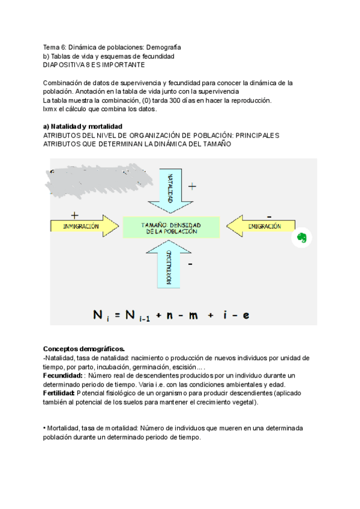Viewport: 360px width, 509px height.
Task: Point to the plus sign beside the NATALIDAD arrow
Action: tap(192, 187)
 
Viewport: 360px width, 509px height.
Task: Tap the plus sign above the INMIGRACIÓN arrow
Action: tap(74, 214)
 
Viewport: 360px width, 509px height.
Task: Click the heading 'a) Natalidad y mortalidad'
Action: tap(83, 127)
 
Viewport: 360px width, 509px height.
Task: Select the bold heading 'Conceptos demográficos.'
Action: tap(84, 349)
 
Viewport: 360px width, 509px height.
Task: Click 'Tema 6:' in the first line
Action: tap(55, 46)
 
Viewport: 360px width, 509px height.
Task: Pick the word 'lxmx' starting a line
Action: tap(50, 109)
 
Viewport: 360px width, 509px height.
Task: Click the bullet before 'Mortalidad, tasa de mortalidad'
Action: tap(45, 429)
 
